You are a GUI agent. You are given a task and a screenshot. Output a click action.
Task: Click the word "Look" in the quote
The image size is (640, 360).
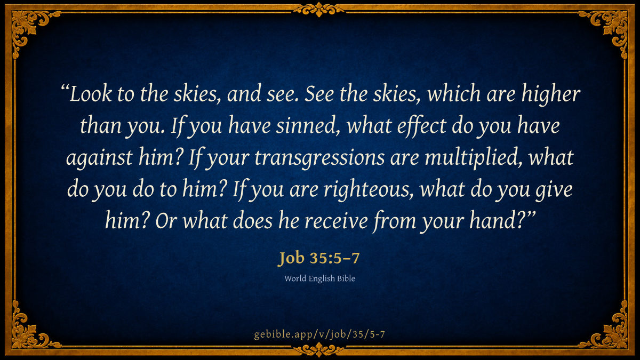(x=90, y=94)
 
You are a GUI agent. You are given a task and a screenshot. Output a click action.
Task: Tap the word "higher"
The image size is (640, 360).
(x=550, y=95)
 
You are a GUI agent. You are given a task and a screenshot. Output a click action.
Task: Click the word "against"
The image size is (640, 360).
(x=99, y=158)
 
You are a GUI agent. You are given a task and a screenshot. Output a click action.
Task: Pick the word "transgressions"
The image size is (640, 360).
(x=319, y=158)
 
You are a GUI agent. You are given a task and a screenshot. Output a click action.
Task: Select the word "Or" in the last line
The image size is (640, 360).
(x=165, y=221)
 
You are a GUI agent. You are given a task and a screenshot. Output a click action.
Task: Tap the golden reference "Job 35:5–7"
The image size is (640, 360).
(x=318, y=258)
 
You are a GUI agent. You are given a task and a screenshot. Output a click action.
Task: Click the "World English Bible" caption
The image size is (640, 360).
(x=319, y=278)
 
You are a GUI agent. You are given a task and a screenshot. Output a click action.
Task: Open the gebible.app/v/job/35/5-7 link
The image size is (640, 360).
(x=319, y=334)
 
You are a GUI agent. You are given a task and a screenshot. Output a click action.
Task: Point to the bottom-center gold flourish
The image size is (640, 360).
(x=319, y=349)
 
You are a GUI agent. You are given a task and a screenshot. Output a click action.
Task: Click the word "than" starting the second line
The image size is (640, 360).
(x=101, y=126)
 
